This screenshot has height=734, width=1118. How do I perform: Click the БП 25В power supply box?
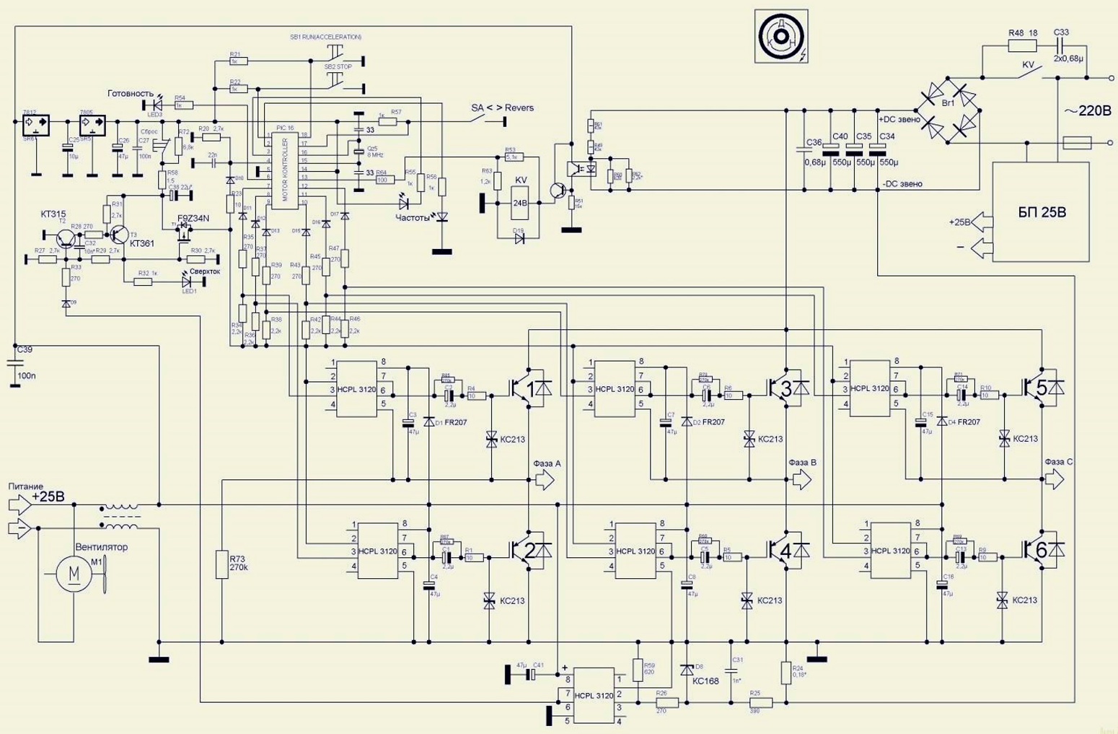click(x=1041, y=212)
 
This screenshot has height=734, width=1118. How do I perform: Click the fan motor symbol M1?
click(x=74, y=573)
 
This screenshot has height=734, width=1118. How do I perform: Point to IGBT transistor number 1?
click(x=530, y=389)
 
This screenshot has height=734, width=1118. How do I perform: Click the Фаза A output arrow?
click(x=545, y=479)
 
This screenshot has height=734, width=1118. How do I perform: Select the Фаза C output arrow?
click(x=1055, y=479)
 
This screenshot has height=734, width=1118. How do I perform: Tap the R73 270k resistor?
click(x=222, y=564)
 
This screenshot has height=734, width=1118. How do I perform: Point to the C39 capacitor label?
click(x=25, y=350)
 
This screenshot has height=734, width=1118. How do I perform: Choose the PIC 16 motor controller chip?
click(x=284, y=170)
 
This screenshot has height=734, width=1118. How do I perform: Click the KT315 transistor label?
click(x=53, y=215)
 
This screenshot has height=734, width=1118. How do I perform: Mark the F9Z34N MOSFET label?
click(x=193, y=218)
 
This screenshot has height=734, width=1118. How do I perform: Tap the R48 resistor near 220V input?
click(x=1021, y=45)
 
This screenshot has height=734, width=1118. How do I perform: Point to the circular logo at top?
click(x=781, y=36)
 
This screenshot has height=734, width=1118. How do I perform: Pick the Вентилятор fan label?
click(x=102, y=547)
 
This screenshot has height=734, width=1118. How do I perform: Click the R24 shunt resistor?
click(x=786, y=673)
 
